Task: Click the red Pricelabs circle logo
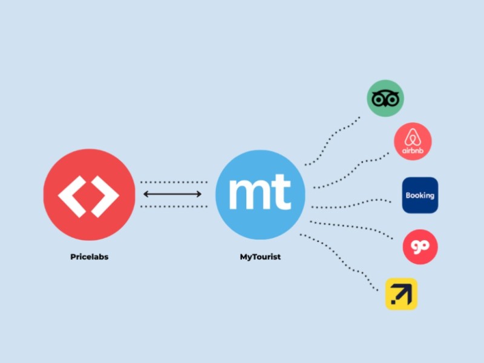pyautogui.click(x=89, y=194)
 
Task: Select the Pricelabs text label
pyautogui.click(x=89, y=257)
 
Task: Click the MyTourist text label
pyautogui.click(x=260, y=257)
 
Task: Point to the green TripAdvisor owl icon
pyautogui.click(x=385, y=99)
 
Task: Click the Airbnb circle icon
pyautogui.click(x=413, y=142)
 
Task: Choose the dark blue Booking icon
pyautogui.click(x=420, y=195)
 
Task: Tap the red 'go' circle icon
pyautogui.click(x=420, y=247)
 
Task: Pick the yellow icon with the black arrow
pyautogui.click(x=401, y=294)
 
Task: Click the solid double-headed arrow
pyautogui.click(x=173, y=194)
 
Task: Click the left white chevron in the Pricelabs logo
pyautogui.click(x=73, y=194)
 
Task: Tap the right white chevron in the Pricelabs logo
pyautogui.click(x=105, y=194)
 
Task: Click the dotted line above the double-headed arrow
pyautogui.click(x=174, y=182)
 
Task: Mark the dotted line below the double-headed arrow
pyautogui.click(x=174, y=206)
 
